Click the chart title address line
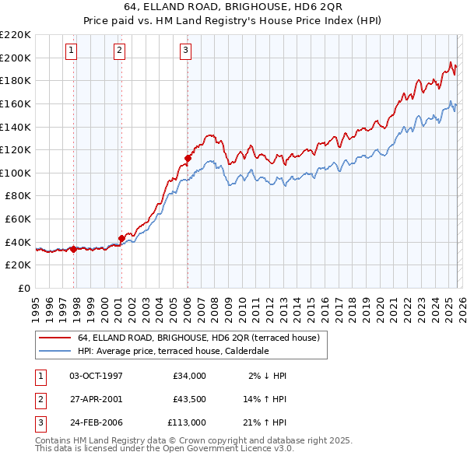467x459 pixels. (233, 10)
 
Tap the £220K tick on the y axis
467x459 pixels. (16, 35)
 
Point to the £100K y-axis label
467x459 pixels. (16, 173)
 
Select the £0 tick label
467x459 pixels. (23, 288)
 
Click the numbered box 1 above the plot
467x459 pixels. (71, 51)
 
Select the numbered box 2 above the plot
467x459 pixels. (119, 51)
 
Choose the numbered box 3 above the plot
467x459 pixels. (186, 51)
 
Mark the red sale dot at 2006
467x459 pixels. (188, 158)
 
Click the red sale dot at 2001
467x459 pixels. (121, 238)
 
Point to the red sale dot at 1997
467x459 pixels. (73, 249)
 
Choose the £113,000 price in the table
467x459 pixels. (186, 422)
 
